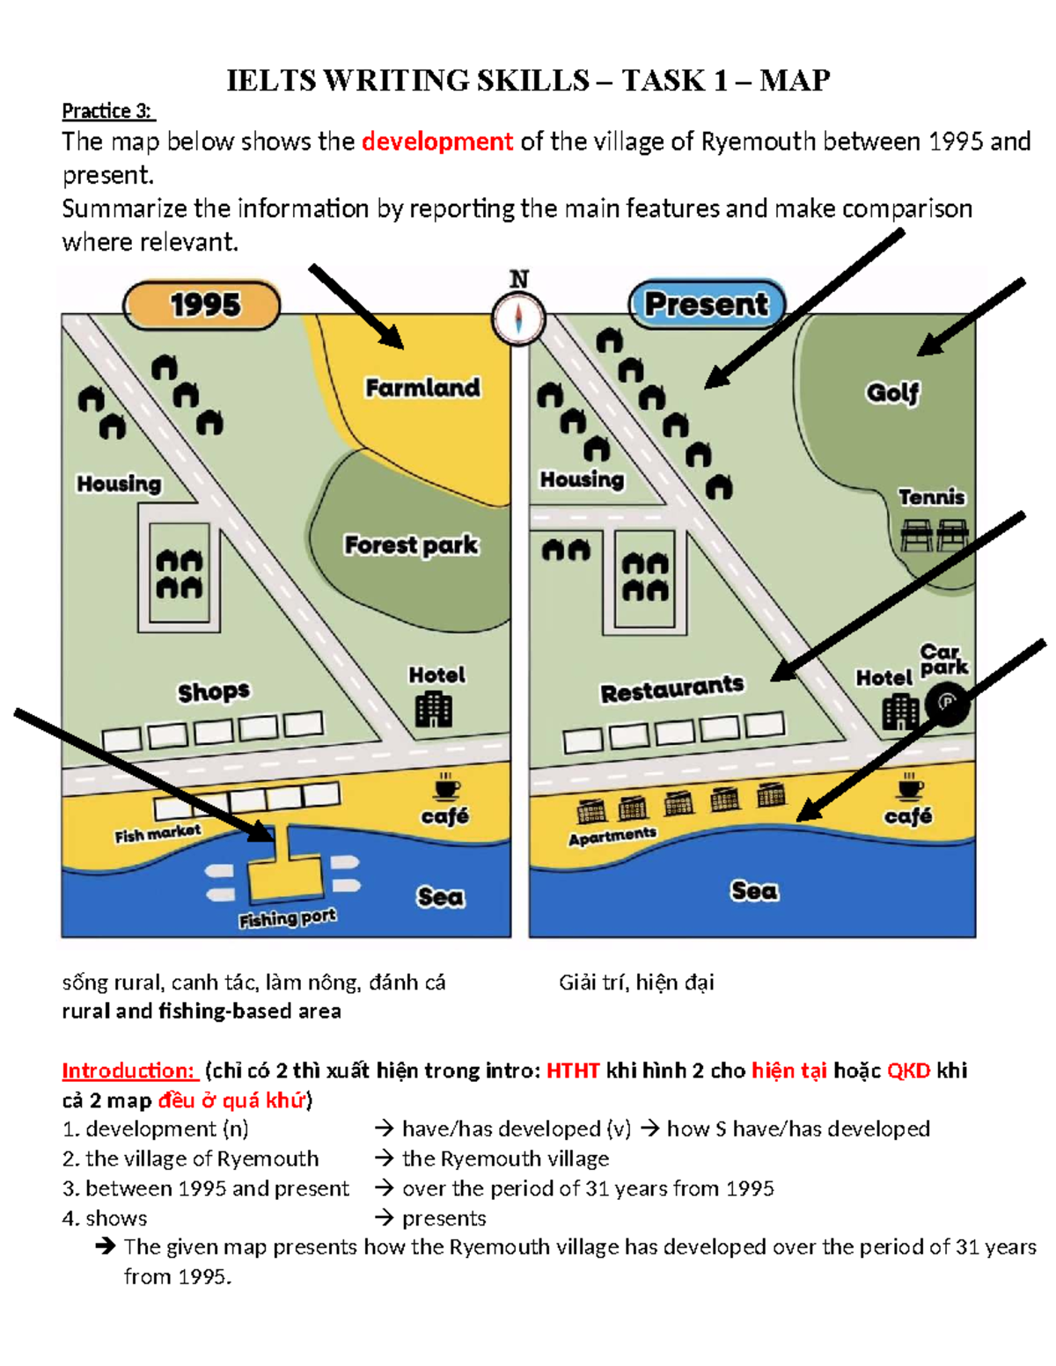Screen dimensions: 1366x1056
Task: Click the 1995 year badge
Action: [202, 305]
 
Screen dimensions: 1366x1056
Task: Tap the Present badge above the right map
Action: [707, 304]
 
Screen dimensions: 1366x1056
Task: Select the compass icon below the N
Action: [518, 318]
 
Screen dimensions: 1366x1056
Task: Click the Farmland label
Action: [422, 388]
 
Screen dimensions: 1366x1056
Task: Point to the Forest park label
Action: [411, 545]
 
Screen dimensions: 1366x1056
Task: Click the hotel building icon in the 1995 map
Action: [434, 709]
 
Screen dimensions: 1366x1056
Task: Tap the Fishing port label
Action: [287, 918]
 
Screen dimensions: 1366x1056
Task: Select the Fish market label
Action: [158, 833]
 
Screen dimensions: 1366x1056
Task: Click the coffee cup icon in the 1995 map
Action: [447, 785]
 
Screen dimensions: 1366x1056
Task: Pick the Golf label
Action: [892, 392]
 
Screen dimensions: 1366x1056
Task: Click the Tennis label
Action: [931, 497]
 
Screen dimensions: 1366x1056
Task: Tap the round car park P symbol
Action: [948, 703]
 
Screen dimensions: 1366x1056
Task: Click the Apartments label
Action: [612, 836]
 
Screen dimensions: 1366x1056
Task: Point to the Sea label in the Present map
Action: [754, 891]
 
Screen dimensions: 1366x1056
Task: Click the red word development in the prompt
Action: [436, 142]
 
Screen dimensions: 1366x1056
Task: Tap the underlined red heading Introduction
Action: [128, 1070]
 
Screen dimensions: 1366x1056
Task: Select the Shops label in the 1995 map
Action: [214, 692]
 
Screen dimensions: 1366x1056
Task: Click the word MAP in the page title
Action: [795, 81]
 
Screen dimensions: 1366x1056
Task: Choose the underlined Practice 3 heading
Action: [107, 111]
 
